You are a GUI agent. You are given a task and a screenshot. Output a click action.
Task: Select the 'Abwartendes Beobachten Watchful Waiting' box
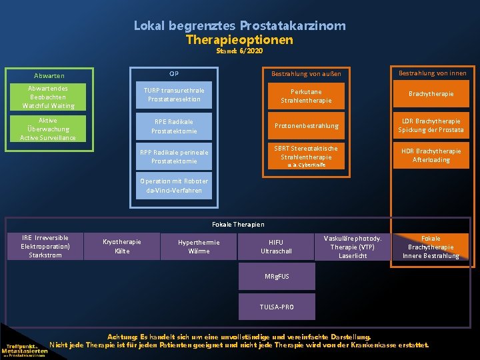tap(49, 97)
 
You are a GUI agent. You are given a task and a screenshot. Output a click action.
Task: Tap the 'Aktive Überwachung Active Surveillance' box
tap(49, 129)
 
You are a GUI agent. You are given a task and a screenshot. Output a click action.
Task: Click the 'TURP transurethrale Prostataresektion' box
tap(173, 95)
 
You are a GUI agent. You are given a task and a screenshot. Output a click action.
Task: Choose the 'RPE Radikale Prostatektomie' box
tap(173, 126)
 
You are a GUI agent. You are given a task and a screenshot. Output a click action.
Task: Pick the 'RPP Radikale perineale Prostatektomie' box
tap(173, 157)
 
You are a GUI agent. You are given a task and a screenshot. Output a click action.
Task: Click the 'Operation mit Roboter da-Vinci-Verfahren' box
tap(173, 185)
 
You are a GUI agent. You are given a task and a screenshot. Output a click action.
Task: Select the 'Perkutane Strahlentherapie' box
tap(306, 95)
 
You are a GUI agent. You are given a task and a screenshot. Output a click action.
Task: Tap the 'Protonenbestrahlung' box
tap(306, 126)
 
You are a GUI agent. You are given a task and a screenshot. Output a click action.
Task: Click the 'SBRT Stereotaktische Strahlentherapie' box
tap(306, 156)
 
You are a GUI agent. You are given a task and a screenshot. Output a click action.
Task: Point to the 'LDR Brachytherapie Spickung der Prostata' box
tap(431, 125)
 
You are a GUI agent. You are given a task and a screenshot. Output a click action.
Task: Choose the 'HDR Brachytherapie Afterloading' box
tap(431, 155)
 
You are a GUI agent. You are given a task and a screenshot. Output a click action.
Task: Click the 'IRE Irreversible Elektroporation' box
tap(45, 246)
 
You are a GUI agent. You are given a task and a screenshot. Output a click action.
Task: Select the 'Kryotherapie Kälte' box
tap(122, 246)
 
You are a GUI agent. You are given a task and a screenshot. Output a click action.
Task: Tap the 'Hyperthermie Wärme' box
tap(199, 246)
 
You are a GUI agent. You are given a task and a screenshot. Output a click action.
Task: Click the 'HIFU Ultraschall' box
tap(275, 247)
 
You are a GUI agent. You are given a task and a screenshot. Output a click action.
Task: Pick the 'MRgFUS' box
tap(277, 276)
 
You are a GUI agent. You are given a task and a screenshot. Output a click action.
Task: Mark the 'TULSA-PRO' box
tap(277, 307)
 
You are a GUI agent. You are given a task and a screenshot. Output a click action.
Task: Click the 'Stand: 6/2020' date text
tap(239, 51)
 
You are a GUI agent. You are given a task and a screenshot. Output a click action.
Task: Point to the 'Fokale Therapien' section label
tap(238, 225)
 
